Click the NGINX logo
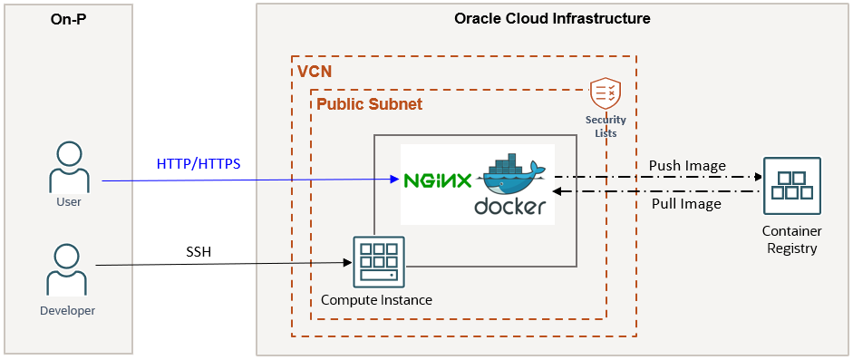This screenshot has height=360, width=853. coord(438,180)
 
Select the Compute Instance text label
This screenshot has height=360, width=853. coord(376,300)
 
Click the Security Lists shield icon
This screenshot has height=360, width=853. coord(605,93)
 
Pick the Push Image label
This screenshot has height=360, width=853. coord(687,166)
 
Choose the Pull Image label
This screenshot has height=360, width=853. coord(686,204)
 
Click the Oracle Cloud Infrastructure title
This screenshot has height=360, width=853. coord(551,18)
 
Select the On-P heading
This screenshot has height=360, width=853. coord(68,19)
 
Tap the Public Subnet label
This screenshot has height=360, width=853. coord(369,104)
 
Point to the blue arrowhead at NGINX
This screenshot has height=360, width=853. coord(394,180)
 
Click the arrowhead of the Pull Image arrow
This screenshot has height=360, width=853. coord(558,190)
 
